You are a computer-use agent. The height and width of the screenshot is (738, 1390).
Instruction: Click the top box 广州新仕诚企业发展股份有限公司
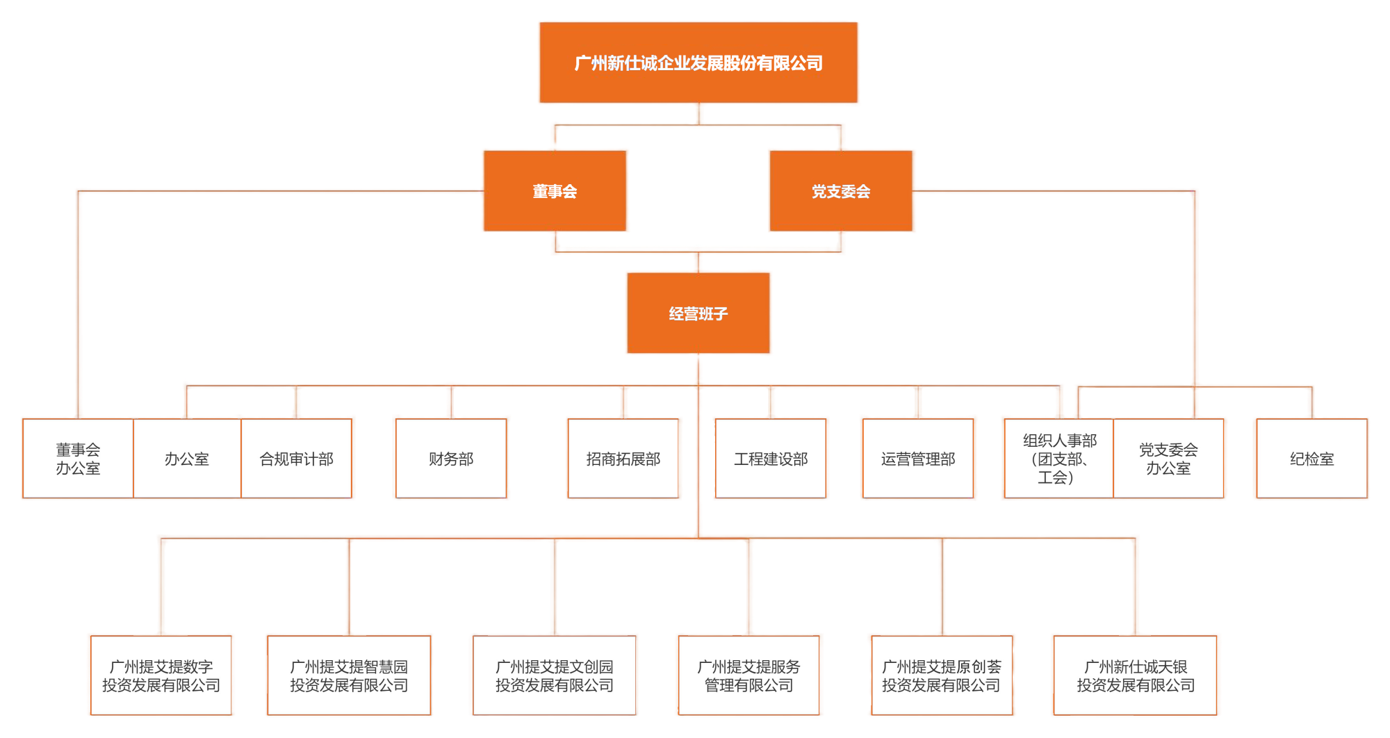tap(698, 63)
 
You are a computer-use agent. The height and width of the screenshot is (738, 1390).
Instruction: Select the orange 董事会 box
tap(555, 191)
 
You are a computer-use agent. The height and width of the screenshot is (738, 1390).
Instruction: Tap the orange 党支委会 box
tap(841, 191)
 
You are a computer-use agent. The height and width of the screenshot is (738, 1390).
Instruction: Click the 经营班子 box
tap(698, 313)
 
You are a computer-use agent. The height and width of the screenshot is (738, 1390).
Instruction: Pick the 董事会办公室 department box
tap(78, 459)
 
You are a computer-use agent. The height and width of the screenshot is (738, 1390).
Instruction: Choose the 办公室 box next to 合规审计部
tap(187, 459)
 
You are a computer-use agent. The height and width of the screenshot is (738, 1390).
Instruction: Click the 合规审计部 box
tap(297, 459)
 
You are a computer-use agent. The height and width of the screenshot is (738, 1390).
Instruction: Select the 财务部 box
tap(451, 459)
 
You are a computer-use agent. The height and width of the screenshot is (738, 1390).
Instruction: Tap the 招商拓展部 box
tap(623, 459)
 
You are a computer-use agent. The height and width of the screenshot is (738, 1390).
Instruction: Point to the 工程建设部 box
tap(771, 459)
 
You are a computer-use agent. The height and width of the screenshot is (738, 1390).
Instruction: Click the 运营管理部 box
tap(918, 459)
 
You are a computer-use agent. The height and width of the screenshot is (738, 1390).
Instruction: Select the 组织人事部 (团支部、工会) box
tap(1059, 459)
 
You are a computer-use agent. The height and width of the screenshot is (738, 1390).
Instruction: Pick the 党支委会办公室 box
tap(1168, 459)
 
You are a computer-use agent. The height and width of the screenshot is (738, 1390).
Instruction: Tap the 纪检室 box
tap(1311, 459)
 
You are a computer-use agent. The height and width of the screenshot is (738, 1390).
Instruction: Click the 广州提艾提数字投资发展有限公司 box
tap(161, 675)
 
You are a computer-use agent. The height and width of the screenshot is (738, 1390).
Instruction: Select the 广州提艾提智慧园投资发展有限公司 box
tap(349, 675)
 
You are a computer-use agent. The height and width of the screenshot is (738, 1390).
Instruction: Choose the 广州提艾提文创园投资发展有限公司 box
tap(554, 675)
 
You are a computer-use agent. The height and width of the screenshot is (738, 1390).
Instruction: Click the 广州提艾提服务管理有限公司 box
tap(749, 675)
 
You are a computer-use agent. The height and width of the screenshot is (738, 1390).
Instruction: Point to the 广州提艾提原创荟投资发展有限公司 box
tap(941, 675)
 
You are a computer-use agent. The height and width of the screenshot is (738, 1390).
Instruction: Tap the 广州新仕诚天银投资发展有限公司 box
tap(1136, 675)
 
